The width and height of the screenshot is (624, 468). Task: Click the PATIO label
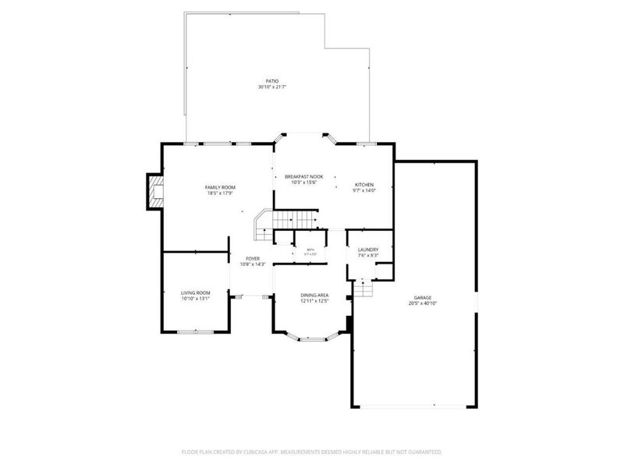tap(271, 81)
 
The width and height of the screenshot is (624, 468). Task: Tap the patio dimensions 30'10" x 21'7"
tap(271, 87)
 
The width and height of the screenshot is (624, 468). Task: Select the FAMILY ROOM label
tap(221, 187)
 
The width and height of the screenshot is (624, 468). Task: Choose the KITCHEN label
tap(364, 185)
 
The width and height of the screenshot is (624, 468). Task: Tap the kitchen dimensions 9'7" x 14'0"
tap(364, 191)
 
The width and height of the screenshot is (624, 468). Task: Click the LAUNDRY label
tap(368, 250)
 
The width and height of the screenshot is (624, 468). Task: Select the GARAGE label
tap(423, 297)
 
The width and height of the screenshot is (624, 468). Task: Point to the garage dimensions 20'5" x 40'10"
tap(423, 303)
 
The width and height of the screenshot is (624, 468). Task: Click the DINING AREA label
tap(314, 295)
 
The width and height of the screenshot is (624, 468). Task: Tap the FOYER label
tap(253, 258)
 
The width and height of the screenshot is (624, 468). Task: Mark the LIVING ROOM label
tap(196, 292)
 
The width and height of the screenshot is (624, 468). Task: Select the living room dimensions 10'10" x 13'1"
tap(196, 298)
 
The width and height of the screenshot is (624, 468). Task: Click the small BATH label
tap(310, 250)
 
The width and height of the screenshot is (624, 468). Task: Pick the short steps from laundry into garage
tap(363, 289)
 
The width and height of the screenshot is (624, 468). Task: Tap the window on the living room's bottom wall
tap(196, 331)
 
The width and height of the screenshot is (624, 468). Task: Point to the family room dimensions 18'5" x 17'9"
tap(221, 193)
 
